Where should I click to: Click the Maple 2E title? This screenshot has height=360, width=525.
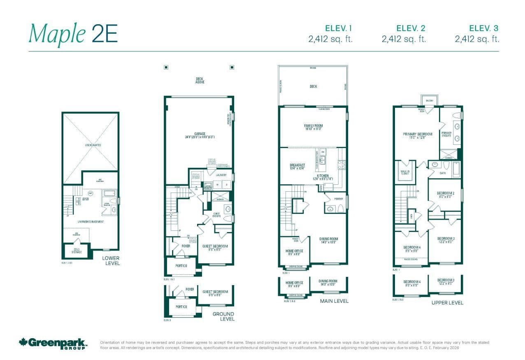[x=73, y=34]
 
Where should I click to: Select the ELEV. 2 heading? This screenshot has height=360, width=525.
[x=411, y=28]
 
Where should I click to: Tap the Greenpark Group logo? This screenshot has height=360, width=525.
[x=53, y=343]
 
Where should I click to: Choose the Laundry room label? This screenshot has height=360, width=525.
[x=221, y=175]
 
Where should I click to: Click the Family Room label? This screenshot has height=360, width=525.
[x=313, y=126]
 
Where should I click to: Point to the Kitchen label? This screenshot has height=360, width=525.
[x=323, y=176]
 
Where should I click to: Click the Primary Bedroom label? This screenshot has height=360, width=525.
[x=417, y=134]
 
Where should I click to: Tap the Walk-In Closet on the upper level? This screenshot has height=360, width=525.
[x=405, y=173]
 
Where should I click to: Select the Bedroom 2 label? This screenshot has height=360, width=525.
[x=445, y=193]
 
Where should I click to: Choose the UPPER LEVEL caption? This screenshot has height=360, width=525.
[x=447, y=302]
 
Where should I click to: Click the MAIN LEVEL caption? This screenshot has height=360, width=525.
[x=334, y=301]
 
